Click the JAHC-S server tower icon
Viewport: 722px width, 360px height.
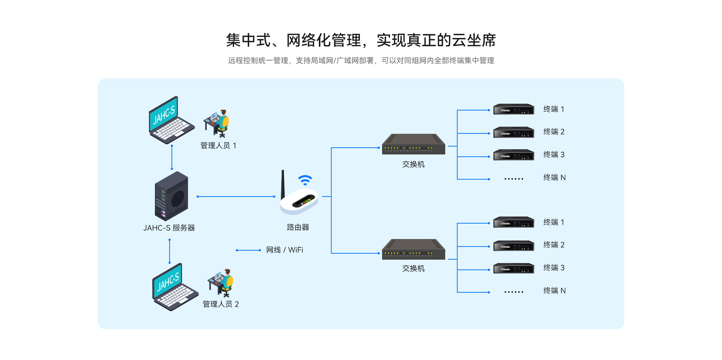coord(171,196)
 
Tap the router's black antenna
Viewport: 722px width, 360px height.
coord(283,184)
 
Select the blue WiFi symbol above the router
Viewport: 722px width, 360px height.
coord(305,180)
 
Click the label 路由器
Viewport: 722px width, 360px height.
coord(298,227)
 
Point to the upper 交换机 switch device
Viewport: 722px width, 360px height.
coord(413,145)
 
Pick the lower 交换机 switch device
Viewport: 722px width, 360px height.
coord(413,250)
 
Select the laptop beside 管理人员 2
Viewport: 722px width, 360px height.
coord(174,287)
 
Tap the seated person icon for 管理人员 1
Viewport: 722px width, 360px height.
coord(217,123)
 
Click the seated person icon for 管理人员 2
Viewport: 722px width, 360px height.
coord(221,283)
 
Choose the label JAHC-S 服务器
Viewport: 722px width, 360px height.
coord(169,228)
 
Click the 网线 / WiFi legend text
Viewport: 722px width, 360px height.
coord(285,250)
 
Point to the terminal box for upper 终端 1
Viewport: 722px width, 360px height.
coord(514,109)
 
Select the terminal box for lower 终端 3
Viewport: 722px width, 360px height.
coord(514,268)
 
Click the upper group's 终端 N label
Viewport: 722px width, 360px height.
coord(554,177)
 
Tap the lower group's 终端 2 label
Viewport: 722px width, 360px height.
coord(554,245)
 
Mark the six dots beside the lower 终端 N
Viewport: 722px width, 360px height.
coord(514,292)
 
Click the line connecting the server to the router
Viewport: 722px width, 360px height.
coord(236,197)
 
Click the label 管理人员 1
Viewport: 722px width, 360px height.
coord(218,145)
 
